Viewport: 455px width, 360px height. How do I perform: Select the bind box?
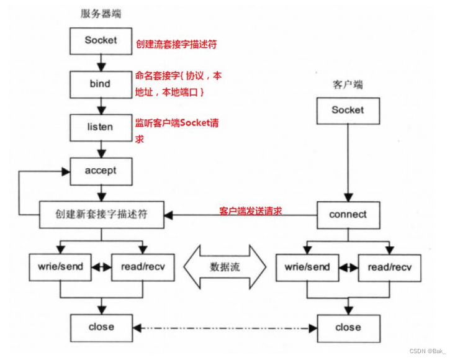pyautogui.click(x=101, y=83)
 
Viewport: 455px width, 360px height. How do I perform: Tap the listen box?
pyautogui.click(x=101, y=127)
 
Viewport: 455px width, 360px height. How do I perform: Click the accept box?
pyautogui.click(x=101, y=170)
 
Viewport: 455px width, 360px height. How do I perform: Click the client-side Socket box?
pyautogui.click(x=348, y=110)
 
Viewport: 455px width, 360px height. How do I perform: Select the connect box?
pyautogui.click(x=348, y=215)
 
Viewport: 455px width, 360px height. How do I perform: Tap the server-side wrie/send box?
pyautogui.click(x=60, y=267)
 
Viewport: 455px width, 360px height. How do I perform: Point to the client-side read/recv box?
pyautogui.click(x=389, y=267)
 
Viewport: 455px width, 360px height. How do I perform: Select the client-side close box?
pyautogui.click(x=348, y=326)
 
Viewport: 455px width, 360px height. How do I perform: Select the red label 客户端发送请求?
pyautogui.click(x=251, y=211)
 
